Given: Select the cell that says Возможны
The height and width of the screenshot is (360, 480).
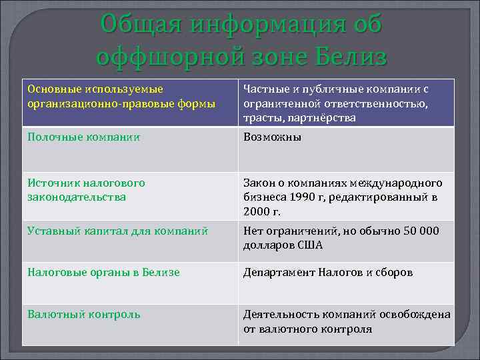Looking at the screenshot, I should [x=273, y=137].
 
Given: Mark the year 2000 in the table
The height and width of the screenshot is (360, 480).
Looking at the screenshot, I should [x=256, y=212].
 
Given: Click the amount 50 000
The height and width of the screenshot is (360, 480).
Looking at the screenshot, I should [x=417, y=231].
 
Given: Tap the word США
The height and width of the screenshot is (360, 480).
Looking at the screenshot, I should [x=309, y=245].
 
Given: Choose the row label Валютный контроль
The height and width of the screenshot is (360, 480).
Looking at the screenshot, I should [x=83, y=314].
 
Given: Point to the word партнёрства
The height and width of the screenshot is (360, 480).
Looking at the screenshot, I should [x=323, y=118].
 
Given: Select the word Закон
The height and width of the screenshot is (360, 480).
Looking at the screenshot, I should [x=259, y=183].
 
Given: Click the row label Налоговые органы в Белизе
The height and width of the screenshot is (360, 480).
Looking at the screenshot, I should [x=103, y=273].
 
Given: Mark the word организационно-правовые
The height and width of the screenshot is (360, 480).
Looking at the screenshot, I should [x=85, y=103].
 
